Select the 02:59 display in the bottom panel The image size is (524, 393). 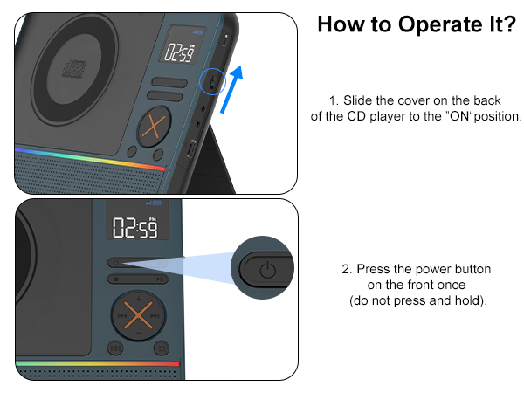(x=134, y=230)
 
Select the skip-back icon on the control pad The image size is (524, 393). (x=122, y=315)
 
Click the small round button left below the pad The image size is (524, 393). (x=114, y=348)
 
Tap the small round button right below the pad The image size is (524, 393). (x=161, y=348)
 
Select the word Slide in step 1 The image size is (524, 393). (x=359, y=101)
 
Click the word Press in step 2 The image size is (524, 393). (x=375, y=269)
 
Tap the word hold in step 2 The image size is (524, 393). (x=465, y=300)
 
